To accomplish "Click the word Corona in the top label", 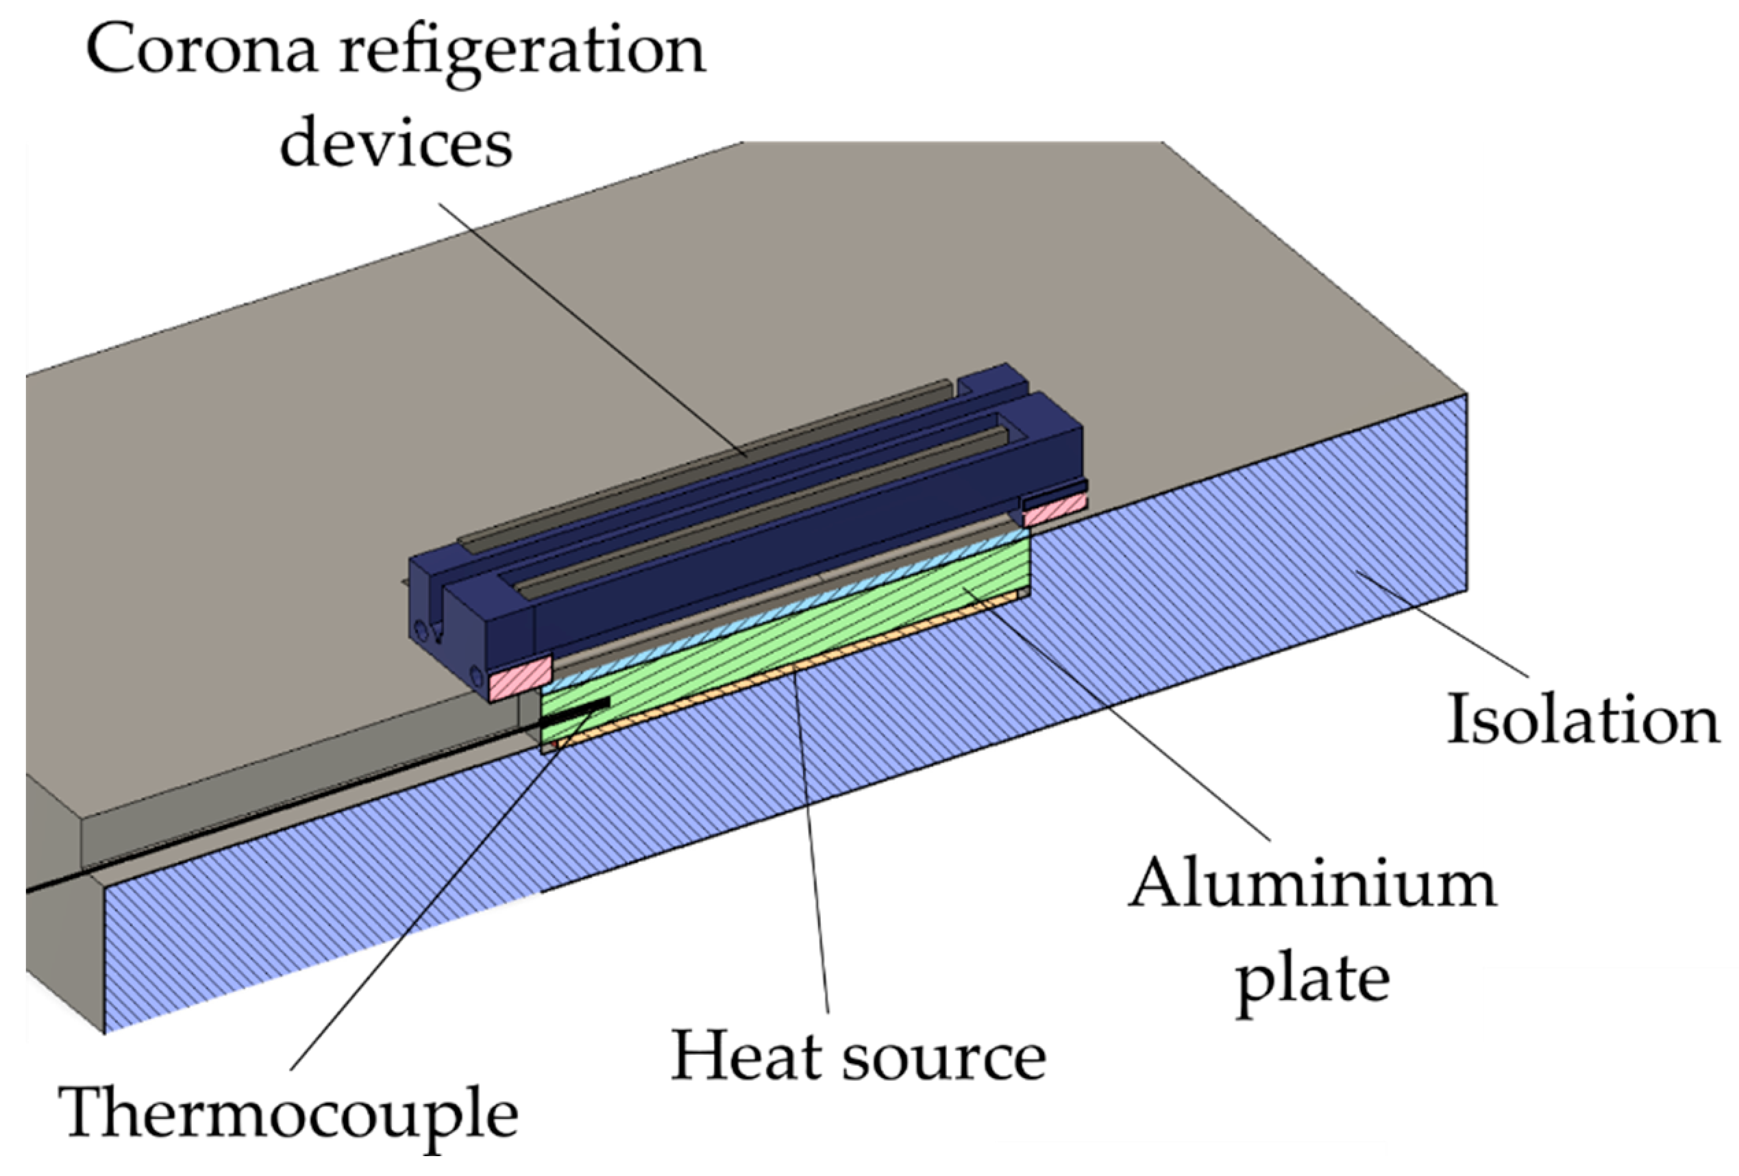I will point(201,51).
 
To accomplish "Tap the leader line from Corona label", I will point(591,329).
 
